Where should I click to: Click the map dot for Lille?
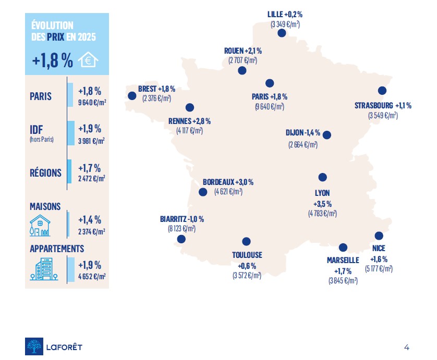pos(282,33)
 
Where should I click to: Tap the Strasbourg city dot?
pos(382,90)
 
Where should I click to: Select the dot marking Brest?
pos(131,96)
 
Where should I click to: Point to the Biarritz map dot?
pos(181,239)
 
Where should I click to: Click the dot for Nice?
pos(379,235)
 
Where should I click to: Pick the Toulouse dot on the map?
pos(247,241)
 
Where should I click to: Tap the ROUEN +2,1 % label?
pos(242,51)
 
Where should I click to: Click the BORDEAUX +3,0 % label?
pos(228,182)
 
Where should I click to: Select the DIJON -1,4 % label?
pos(303,133)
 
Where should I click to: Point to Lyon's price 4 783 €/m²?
pos(322,213)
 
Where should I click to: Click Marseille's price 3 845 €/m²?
pos(343,281)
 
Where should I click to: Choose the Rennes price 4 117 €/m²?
pos(189,130)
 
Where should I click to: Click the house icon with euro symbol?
pos(88,60)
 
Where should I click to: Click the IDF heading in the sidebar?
pos(36,129)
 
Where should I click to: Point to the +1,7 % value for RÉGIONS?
pos(89,168)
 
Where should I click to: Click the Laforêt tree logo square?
pos(34,346)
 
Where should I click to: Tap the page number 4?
pos(406,347)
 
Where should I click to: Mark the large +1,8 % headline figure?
pos(52,60)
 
